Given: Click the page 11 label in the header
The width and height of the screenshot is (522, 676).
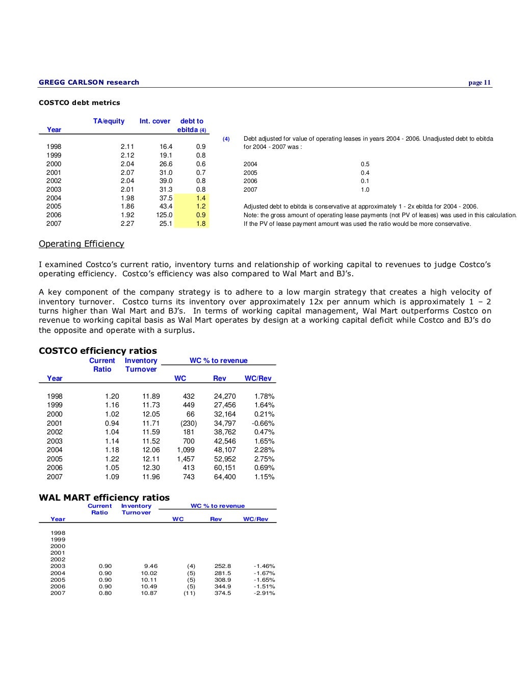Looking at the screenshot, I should (479, 83).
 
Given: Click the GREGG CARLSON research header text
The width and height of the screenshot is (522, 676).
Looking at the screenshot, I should (89, 82).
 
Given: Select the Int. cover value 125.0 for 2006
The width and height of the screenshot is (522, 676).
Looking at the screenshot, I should (164, 215).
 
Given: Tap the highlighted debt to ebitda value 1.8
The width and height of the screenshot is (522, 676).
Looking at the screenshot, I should (201, 223).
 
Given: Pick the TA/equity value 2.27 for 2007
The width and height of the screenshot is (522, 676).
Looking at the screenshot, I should (127, 223).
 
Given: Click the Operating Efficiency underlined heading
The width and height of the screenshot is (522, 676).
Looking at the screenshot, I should (82, 244).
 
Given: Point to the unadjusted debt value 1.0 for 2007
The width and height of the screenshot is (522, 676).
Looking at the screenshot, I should (365, 190).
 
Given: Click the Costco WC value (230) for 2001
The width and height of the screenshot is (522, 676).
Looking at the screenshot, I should (189, 423).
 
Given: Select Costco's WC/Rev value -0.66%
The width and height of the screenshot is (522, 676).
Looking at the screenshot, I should (263, 423).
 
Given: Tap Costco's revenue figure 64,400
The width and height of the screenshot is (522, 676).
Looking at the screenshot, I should (225, 477).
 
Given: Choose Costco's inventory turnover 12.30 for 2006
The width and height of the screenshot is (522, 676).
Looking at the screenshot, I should (151, 467).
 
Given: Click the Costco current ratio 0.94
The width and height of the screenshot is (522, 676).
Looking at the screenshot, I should (112, 423).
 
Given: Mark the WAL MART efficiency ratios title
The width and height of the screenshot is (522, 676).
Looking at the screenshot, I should (104, 498).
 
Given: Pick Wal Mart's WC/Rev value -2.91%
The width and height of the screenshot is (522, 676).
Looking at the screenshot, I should (264, 593).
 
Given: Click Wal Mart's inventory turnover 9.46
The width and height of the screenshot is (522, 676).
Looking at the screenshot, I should (151, 566).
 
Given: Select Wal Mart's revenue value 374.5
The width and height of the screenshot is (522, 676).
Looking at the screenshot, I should (223, 593).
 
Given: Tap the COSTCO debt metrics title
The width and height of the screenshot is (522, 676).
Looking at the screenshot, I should (80, 102).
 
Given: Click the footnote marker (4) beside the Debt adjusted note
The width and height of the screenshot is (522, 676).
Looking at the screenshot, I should (226, 139).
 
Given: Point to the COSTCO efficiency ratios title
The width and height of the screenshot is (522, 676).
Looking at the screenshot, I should (98, 351).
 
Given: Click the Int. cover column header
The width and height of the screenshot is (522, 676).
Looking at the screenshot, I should (155, 121).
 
